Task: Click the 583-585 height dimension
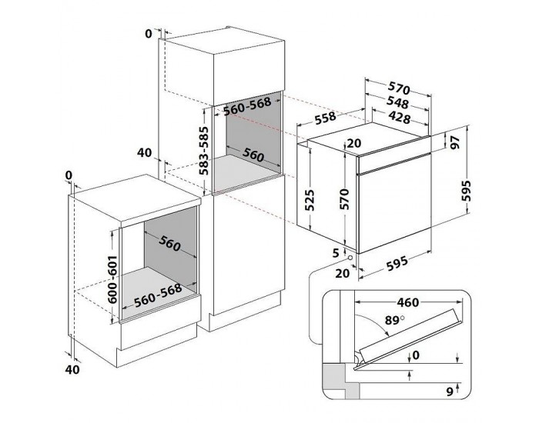[204, 152]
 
